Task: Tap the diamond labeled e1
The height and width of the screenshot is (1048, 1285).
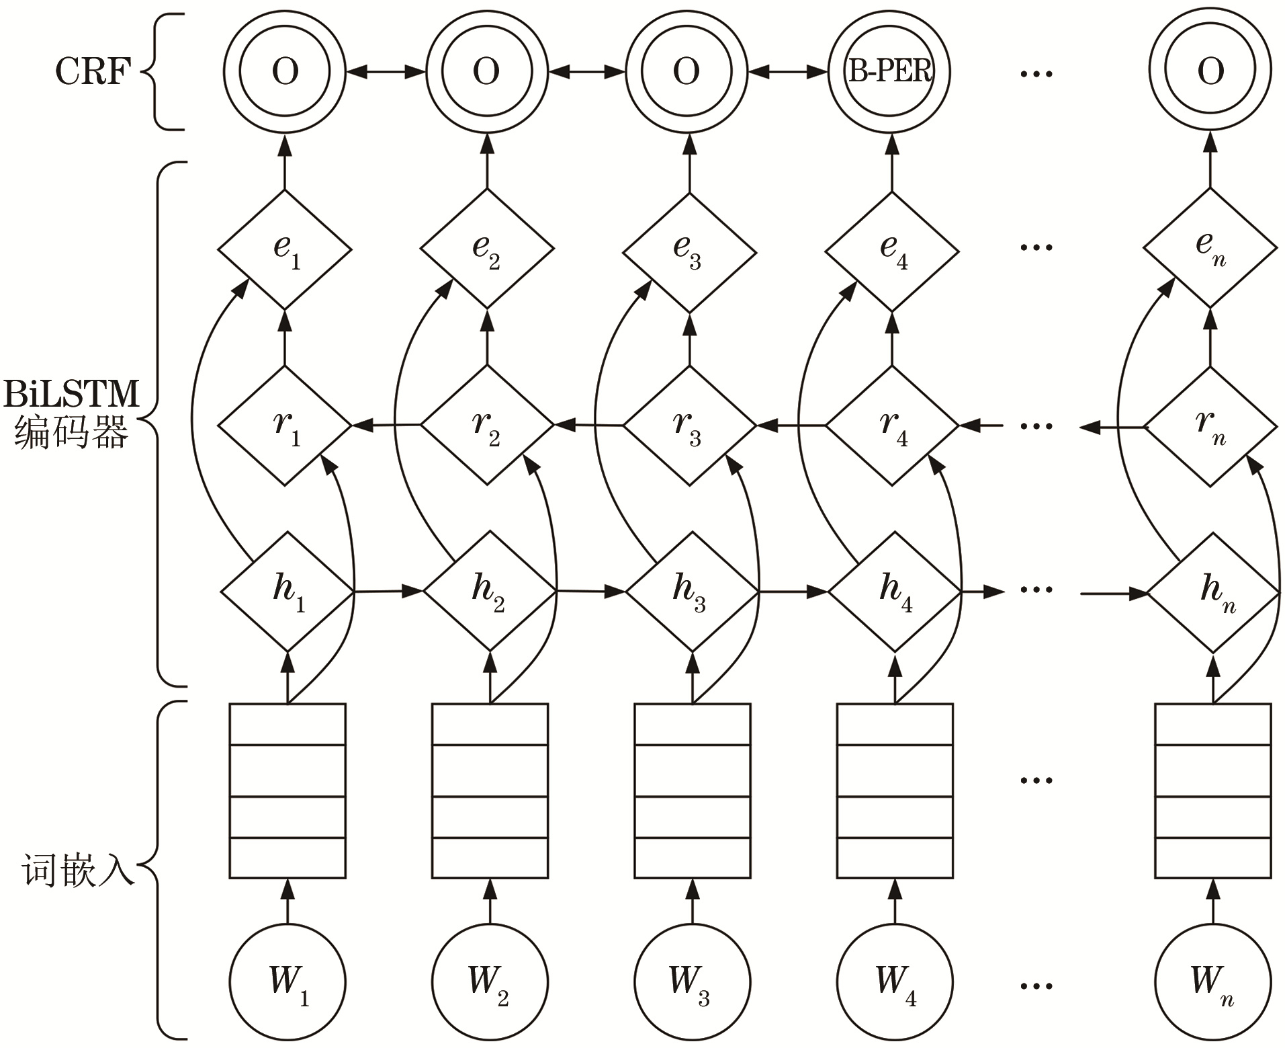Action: (285, 249)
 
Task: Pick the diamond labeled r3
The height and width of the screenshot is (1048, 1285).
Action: (690, 426)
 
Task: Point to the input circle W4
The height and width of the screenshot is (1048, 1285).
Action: (895, 982)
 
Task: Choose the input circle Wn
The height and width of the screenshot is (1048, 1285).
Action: (1213, 982)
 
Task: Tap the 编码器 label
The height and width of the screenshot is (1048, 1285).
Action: (71, 434)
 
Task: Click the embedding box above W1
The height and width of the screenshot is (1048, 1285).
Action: (287, 791)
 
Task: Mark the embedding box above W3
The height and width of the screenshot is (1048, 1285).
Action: (693, 791)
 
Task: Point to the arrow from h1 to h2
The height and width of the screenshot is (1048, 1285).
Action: (388, 592)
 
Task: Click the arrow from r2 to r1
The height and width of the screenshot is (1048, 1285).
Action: (386, 425)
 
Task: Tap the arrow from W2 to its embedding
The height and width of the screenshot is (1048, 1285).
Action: (490, 903)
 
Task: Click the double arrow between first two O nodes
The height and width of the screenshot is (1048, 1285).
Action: (386, 71)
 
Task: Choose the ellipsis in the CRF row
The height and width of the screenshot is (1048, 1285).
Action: (1036, 73)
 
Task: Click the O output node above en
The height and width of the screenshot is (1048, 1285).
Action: (1210, 71)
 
